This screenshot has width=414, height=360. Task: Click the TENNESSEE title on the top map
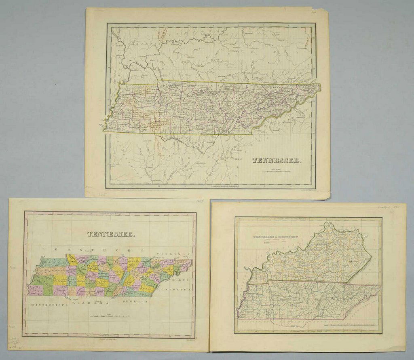point(277,160)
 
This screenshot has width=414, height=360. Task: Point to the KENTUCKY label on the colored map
point(99,250)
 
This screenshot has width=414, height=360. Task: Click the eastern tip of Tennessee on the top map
point(320,85)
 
